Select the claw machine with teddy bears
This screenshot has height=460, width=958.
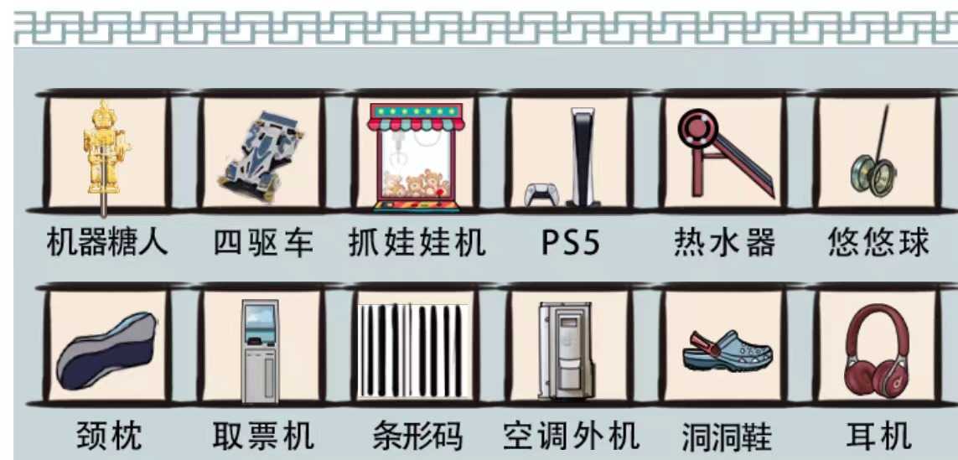pyautogui.click(x=417, y=155)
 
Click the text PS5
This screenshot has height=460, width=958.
pyautogui.click(x=570, y=243)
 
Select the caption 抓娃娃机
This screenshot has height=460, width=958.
pyautogui.click(x=417, y=243)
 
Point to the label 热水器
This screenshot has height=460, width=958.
pyautogui.click(x=725, y=243)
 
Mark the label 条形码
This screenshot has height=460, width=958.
pyautogui.click(x=417, y=436)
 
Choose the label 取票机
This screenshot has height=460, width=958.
pyautogui.click(x=262, y=436)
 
